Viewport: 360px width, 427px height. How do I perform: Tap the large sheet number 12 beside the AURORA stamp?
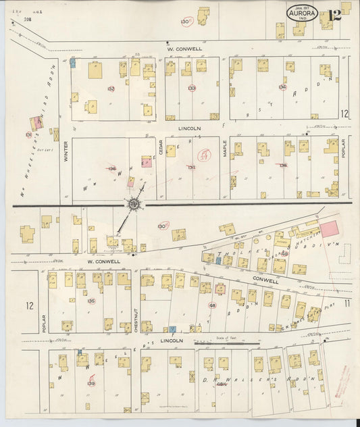click(x=334, y=16)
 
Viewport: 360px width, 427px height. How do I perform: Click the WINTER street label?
click(x=66, y=155)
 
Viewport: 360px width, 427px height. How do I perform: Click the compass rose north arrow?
click(x=134, y=203)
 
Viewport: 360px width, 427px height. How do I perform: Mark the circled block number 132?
click(x=111, y=89)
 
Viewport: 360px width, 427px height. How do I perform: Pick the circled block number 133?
click(x=192, y=88)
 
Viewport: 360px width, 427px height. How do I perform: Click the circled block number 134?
click(x=282, y=87)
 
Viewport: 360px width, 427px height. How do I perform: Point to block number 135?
click(x=91, y=301)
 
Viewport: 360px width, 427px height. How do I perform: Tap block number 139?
click(x=91, y=383)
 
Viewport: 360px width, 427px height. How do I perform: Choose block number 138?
click(x=283, y=166)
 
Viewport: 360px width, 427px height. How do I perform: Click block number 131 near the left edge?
click(x=28, y=134)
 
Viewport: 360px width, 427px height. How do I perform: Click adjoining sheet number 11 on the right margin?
click(x=346, y=303)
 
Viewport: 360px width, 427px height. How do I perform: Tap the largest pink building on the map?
click(x=329, y=228)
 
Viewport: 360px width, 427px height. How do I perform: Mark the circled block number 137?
click(x=191, y=167)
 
